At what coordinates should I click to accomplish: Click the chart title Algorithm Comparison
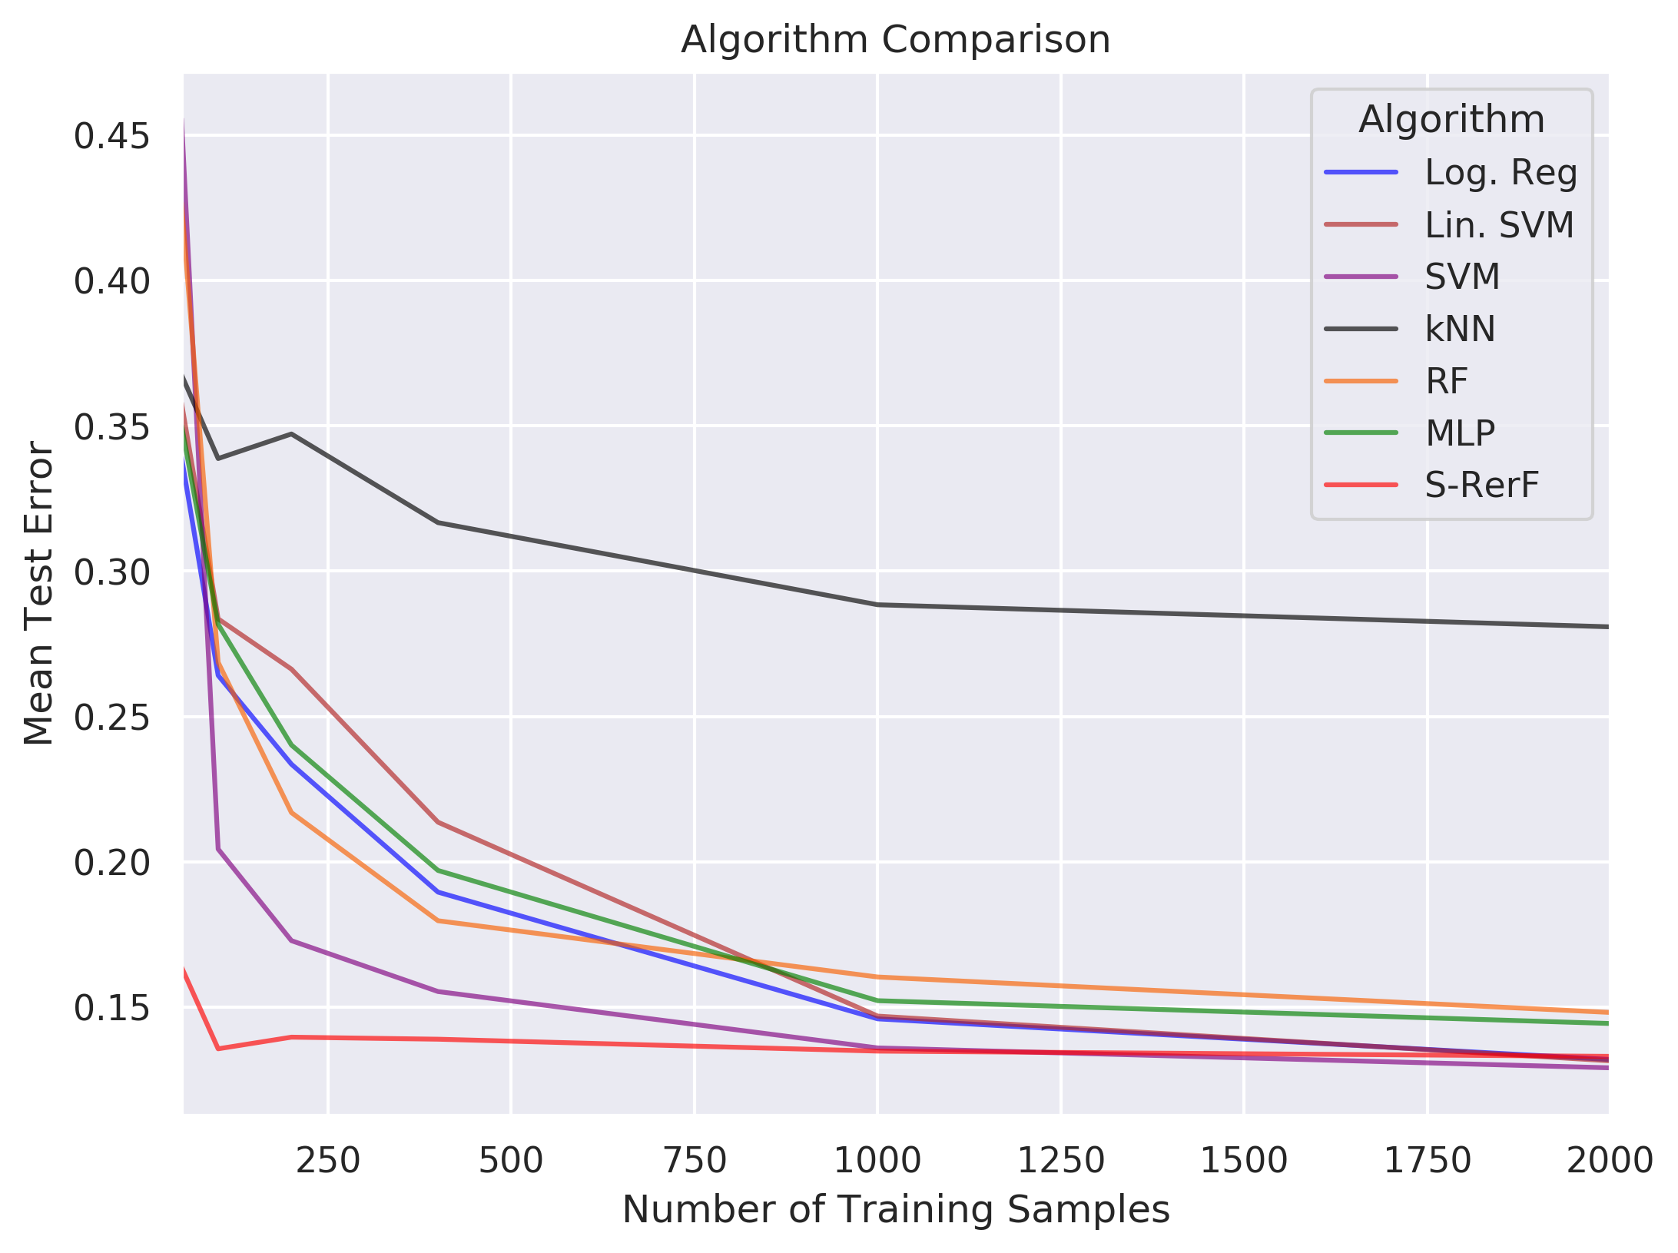895,40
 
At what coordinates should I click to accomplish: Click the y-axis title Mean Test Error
38,592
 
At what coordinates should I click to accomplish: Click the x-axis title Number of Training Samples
895,1209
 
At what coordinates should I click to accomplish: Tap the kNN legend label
1460,329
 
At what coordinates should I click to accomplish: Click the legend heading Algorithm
1451,120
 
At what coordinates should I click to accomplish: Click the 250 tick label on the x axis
328,1160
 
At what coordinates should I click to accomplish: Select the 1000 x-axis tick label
877,1160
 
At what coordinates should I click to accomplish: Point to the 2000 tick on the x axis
1609,1160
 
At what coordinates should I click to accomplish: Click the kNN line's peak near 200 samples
291,434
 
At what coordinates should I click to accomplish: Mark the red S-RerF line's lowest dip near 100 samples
218,1049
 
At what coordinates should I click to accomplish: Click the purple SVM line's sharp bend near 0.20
218,849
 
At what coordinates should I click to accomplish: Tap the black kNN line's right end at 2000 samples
1606,627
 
